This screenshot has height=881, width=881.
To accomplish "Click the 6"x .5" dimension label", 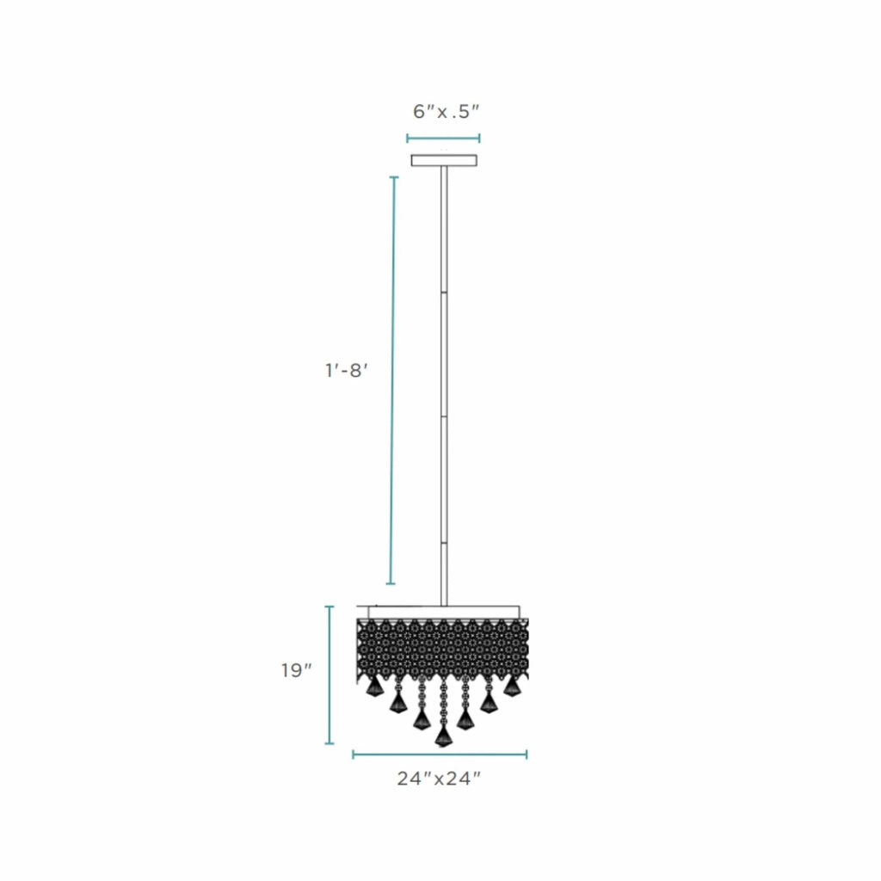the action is (447, 112).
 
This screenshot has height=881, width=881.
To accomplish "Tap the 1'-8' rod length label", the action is (347, 371).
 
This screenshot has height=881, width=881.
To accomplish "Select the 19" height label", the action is (297, 670).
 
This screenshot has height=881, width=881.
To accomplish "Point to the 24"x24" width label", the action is (440, 779).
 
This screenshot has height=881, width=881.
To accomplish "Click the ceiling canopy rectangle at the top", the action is (444, 161).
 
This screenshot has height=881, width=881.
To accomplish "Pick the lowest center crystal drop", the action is (443, 736).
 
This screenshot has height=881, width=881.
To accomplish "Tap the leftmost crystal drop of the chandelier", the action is (374, 686).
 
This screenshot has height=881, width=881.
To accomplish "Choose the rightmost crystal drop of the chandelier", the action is (511, 686).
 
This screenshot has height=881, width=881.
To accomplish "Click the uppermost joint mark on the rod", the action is (444, 293).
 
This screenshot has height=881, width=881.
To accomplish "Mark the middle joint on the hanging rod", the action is (444, 416).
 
